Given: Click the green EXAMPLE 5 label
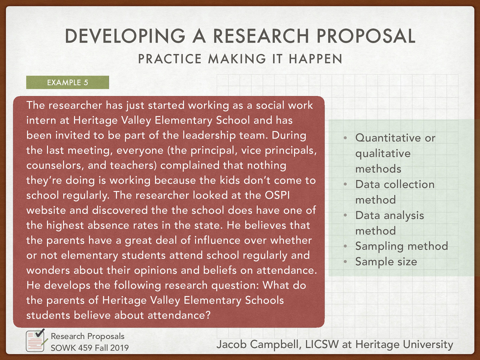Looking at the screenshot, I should click(x=67, y=82).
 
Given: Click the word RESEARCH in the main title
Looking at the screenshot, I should click(x=261, y=36).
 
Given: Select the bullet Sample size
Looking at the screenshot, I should click(x=386, y=262).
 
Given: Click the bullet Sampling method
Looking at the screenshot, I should click(x=401, y=246).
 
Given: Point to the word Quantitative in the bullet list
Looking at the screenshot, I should click(x=388, y=138).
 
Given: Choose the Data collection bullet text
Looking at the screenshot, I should click(x=395, y=184).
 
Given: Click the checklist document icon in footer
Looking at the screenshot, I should click(x=36, y=341).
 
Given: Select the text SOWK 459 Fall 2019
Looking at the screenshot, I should click(x=89, y=348).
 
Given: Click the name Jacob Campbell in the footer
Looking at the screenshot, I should click(x=258, y=344).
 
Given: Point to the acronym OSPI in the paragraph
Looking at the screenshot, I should click(x=277, y=195).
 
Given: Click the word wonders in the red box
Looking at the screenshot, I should click(x=48, y=270).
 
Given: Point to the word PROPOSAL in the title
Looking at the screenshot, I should click(x=366, y=36).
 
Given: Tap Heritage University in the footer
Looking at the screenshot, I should click(x=404, y=344).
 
